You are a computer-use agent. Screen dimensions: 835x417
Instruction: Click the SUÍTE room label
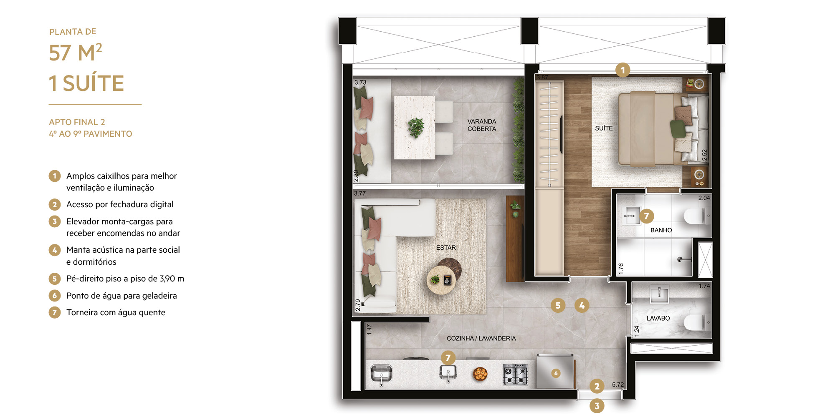(604, 128)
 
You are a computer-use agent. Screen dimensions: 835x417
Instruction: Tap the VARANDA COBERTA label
(482, 125)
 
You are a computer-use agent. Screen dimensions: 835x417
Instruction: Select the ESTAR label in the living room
(446, 248)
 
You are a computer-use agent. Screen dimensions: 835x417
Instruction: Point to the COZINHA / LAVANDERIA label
(481, 338)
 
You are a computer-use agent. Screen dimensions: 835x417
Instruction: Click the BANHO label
(661, 230)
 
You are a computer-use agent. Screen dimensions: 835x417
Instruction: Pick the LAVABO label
(658, 318)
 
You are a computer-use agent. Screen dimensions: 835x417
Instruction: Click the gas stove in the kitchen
(515, 374)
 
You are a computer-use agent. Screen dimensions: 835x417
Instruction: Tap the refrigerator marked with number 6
(555, 372)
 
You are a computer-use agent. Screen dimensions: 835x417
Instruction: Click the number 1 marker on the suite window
(622, 70)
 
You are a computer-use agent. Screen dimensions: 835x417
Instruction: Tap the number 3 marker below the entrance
(597, 406)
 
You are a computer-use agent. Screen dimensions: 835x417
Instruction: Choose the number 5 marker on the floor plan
(558, 306)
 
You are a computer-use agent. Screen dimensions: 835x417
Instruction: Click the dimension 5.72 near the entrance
(618, 385)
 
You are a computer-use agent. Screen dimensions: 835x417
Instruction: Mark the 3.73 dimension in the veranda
(360, 83)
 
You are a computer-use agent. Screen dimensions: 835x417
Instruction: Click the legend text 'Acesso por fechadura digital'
(120, 204)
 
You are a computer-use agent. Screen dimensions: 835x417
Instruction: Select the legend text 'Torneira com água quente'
(116, 312)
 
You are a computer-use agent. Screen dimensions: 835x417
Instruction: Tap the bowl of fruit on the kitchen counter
(480, 374)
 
